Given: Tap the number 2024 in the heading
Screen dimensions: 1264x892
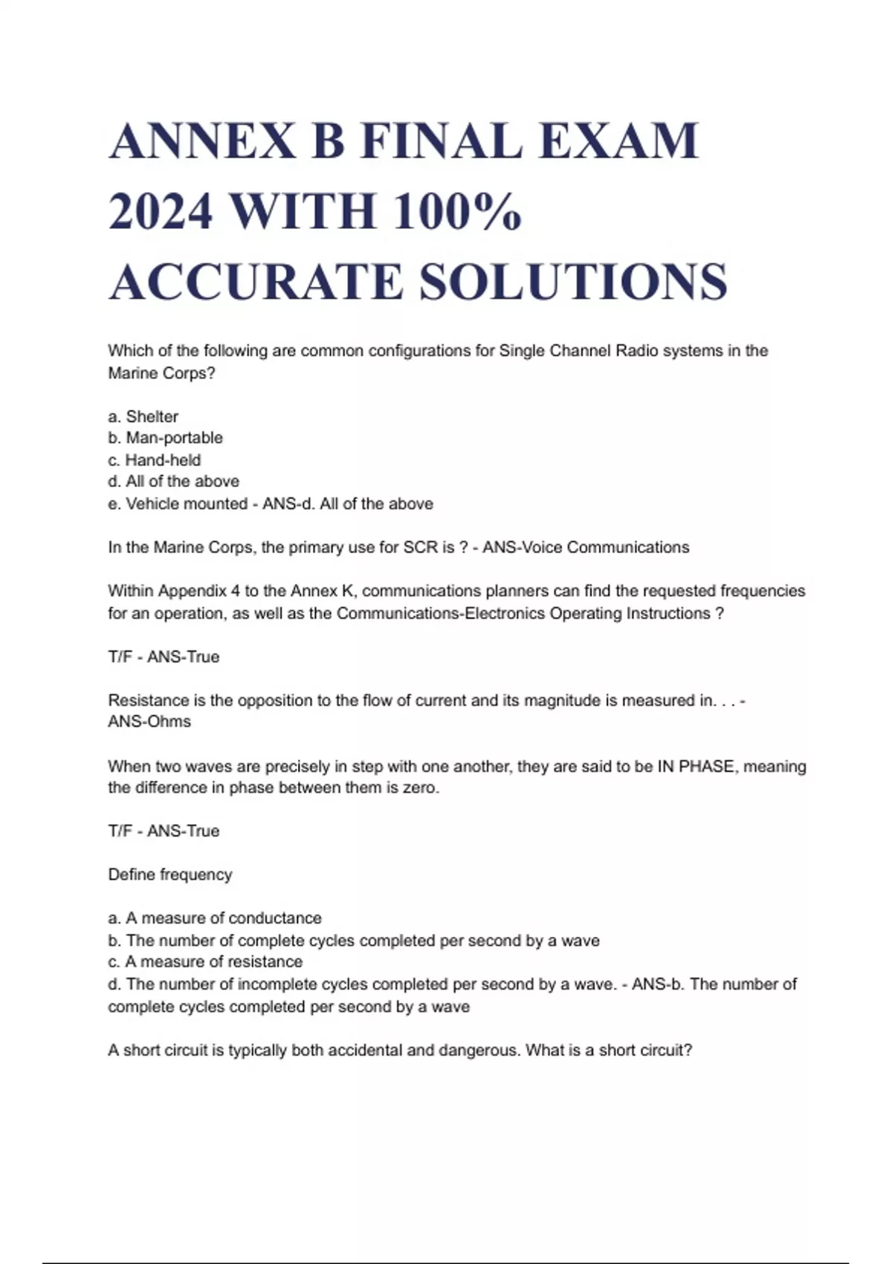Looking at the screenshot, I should click(161, 211).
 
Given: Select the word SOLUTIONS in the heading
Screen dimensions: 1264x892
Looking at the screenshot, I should click(573, 282).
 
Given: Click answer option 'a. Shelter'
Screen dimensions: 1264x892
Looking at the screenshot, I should click(143, 416).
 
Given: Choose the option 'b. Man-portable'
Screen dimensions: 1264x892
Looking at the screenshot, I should click(165, 438).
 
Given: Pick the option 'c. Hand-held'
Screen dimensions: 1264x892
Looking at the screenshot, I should click(155, 460).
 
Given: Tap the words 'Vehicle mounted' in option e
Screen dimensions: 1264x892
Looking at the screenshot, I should click(187, 504).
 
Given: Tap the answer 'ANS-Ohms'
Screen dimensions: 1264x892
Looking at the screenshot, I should click(149, 722).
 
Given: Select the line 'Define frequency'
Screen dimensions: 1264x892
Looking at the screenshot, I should click(170, 875).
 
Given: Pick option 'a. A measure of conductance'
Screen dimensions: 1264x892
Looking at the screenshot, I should click(215, 918).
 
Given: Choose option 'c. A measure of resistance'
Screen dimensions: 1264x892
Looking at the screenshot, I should click(205, 962).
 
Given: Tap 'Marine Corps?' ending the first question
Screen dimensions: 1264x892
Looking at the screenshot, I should click(161, 373).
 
